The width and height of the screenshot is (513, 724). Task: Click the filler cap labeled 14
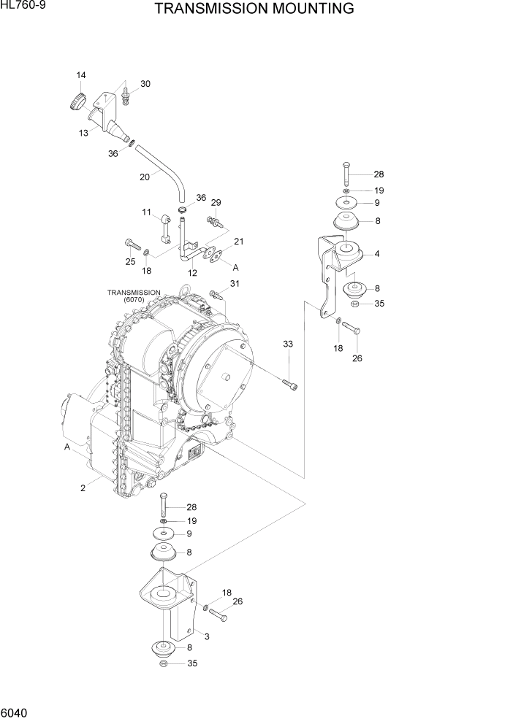76,101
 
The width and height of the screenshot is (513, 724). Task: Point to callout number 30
145,84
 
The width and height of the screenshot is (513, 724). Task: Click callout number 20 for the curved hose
144,176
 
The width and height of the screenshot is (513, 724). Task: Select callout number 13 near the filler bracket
84,132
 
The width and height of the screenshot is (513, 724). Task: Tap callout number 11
146,212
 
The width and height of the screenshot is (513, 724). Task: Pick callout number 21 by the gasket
238,242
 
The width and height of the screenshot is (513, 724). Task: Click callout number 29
216,202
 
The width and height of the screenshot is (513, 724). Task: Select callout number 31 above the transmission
235,284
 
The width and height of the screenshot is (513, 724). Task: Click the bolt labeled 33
290,383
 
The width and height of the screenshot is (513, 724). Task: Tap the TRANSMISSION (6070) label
134,296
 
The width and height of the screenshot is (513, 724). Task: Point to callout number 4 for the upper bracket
376,254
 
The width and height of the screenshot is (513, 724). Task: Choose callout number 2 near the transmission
82,488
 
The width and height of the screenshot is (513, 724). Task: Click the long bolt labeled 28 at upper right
345,174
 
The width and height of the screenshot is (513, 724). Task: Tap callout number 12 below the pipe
193,273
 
